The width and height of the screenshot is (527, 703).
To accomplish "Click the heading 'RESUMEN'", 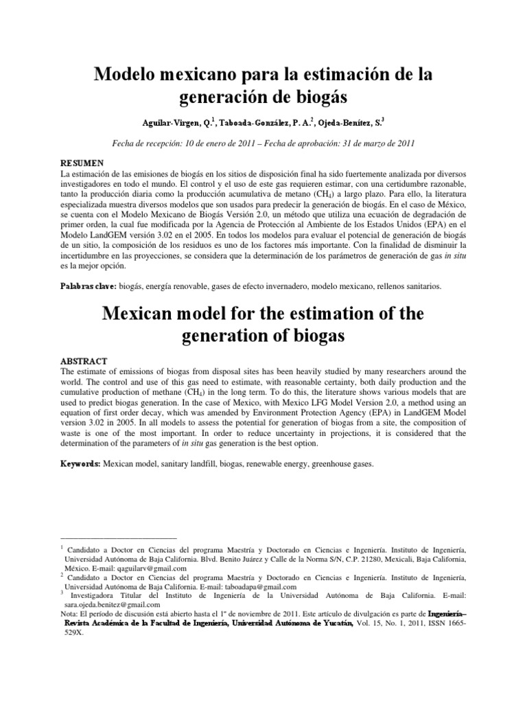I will [82, 163].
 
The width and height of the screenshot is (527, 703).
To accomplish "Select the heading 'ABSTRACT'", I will [84, 360].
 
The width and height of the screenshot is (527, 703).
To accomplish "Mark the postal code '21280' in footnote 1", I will [354, 560].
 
